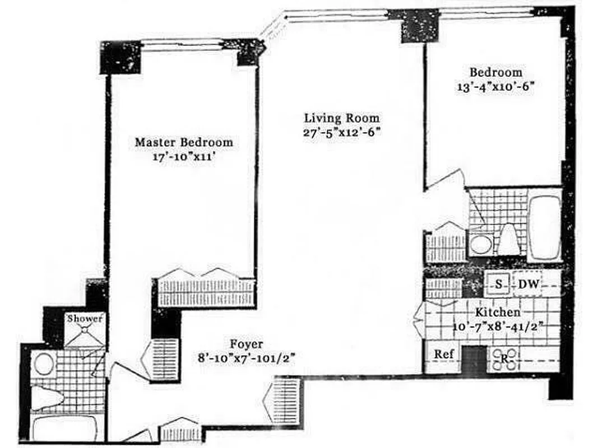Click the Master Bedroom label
[183, 142]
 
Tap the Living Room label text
[341, 118]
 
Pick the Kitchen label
[498, 312]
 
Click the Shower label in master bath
[85, 319]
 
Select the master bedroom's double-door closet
[206, 289]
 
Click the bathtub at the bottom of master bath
[63, 428]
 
